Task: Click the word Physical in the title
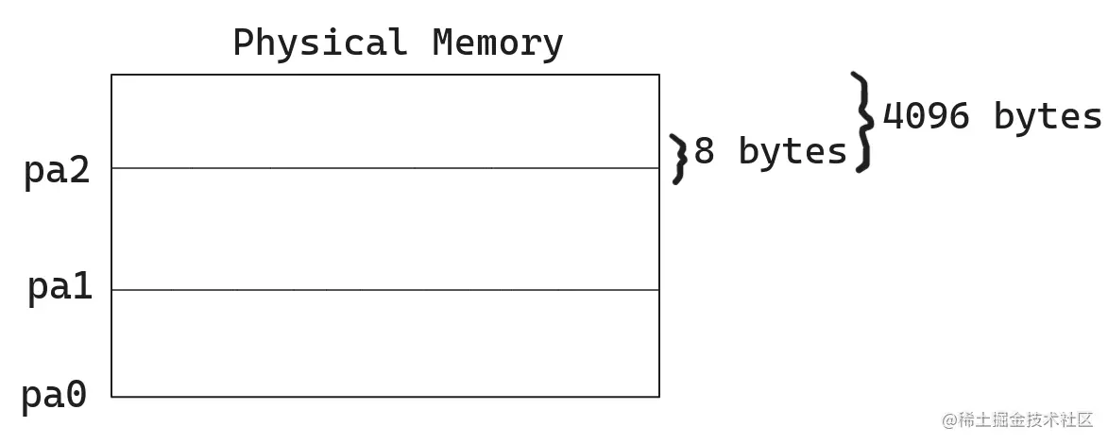click(320, 43)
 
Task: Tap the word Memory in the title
click(498, 43)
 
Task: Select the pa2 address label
click(57, 172)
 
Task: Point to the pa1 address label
click(60, 287)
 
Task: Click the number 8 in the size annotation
click(705, 151)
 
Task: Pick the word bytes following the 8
click(793, 151)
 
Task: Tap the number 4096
click(926, 116)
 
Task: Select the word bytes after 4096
click(1048, 116)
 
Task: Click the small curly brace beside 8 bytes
click(677, 158)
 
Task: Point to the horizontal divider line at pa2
click(385, 168)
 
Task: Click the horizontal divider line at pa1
click(385, 290)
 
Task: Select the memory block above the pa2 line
click(385, 121)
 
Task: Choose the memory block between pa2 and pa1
click(385, 230)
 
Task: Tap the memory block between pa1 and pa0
click(385, 344)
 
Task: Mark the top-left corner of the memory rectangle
click(111, 75)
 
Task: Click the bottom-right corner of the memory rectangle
click(659, 397)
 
